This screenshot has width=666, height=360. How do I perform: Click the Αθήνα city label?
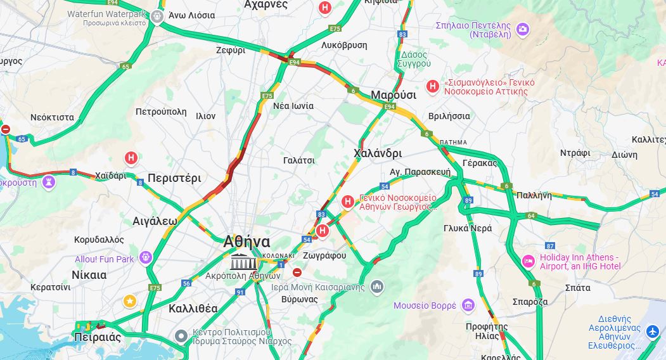click(247, 241)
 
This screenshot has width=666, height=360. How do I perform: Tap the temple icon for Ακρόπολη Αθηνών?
click(243, 261)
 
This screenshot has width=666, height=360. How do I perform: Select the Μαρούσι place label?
click(393, 95)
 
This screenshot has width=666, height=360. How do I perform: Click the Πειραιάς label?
click(97, 337)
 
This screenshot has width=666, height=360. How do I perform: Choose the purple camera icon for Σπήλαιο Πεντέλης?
click(522, 29)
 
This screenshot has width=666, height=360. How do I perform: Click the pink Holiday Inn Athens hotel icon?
click(528, 261)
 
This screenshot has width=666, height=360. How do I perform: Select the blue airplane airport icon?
click(653, 331)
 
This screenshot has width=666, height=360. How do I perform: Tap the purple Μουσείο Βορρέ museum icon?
click(468, 305)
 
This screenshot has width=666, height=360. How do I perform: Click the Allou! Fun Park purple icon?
click(146, 258)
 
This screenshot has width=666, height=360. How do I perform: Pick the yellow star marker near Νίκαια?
click(130, 300)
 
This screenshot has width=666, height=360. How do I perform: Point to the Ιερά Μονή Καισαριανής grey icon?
click(377, 287)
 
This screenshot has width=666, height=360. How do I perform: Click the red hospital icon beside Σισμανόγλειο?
click(433, 86)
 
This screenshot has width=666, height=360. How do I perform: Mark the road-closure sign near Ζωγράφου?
click(297, 272)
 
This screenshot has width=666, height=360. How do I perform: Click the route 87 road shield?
click(550, 245)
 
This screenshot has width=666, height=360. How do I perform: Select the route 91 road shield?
click(240, 292)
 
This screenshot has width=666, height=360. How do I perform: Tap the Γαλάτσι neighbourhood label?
click(299, 160)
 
